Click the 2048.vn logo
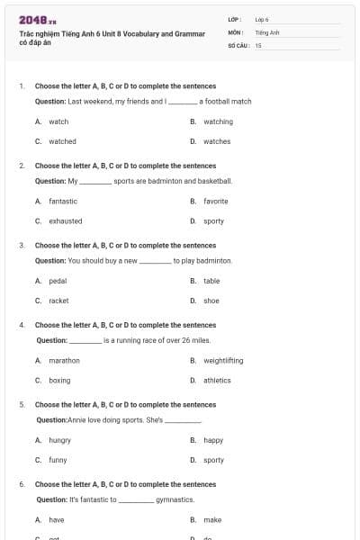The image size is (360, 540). pos(38,19)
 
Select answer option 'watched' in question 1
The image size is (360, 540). pos(62,141)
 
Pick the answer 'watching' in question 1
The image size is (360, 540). pos(218,121)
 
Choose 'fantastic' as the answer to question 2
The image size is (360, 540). pos(63,202)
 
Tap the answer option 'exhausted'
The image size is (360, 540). pos(65,220)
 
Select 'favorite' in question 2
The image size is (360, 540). pos(215,202)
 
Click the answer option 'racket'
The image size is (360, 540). pos(58,301)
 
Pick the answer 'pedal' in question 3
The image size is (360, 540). pos(58,281)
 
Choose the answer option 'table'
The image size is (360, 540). pos(211,281)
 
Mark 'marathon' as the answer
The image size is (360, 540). pos(64,361)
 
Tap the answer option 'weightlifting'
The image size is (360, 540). pos(223,361)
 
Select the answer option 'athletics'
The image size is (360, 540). pos(217,381)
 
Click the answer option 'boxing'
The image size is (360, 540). pos(59,381)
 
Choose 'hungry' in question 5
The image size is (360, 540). pos(59,440)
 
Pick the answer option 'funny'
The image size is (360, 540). pos(58,460)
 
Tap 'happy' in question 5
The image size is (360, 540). pos(213,440)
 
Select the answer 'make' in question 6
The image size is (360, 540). pos(212,520)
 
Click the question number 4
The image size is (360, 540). pos(22,325)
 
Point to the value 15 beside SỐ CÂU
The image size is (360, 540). pos(258,44)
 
